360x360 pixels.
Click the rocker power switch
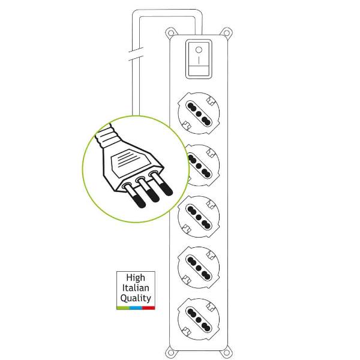(x=199, y=59)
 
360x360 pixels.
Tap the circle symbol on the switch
(x=199, y=50)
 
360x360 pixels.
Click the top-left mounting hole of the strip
(x=170, y=32)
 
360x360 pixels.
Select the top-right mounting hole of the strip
(x=226, y=33)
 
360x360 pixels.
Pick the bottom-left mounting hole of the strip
(x=170, y=352)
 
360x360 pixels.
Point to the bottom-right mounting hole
(x=226, y=353)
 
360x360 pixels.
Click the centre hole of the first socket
(x=199, y=113)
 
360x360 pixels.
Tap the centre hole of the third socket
(x=199, y=217)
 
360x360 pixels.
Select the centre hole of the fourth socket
(x=199, y=268)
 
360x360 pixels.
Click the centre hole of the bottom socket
(x=199, y=319)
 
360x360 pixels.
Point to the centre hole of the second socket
(x=199, y=166)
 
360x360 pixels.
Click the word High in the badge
(x=136, y=278)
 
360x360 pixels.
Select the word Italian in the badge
(x=136, y=287)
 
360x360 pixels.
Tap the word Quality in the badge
(x=136, y=298)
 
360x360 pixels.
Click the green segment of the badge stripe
(x=123, y=308)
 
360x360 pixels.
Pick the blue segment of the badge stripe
(x=136, y=308)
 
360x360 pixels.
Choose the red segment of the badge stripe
(x=149, y=308)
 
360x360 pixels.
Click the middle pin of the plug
(x=148, y=190)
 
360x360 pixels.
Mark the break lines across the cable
(x=136, y=54)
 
